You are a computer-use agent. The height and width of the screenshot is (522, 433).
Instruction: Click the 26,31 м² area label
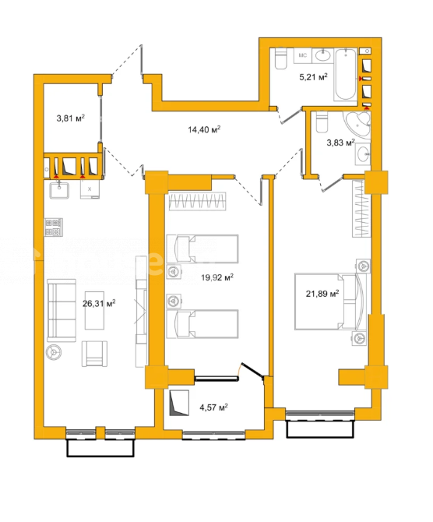(x=99, y=303)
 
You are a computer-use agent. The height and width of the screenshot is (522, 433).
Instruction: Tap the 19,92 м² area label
(x=217, y=277)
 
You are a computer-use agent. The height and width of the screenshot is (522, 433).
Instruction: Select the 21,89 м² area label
(x=322, y=293)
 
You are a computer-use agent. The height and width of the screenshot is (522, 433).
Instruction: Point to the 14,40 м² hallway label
(x=204, y=129)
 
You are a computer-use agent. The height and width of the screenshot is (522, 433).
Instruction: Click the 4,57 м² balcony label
(x=213, y=407)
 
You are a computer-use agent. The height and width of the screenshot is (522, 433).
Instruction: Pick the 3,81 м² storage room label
(x=71, y=118)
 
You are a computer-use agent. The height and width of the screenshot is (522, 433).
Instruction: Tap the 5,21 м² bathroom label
(x=313, y=77)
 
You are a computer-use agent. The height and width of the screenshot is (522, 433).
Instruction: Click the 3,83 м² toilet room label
(x=340, y=143)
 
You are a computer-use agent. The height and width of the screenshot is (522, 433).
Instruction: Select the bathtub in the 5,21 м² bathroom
(x=346, y=75)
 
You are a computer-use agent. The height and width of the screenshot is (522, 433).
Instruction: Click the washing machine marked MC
(x=302, y=55)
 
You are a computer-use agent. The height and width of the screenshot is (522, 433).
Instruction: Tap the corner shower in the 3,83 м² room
(x=357, y=124)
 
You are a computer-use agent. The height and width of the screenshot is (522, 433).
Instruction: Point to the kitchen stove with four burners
(x=54, y=227)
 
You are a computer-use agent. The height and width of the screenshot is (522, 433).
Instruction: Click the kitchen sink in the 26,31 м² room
(x=59, y=190)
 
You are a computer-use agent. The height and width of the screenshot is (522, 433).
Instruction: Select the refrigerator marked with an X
(x=90, y=189)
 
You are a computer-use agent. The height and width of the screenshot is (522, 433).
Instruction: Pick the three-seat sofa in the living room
(x=62, y=311)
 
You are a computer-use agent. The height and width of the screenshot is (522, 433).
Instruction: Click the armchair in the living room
(x=94, y=354)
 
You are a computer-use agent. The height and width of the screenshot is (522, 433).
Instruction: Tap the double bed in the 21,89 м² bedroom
(x=330, y=302)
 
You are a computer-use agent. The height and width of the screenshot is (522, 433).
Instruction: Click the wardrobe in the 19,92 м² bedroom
(x=197, y=202)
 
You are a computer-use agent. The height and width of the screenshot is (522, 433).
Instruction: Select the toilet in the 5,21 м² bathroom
(x=281, y=58)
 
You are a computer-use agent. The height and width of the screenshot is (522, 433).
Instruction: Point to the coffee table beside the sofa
(x=94, y=310)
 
